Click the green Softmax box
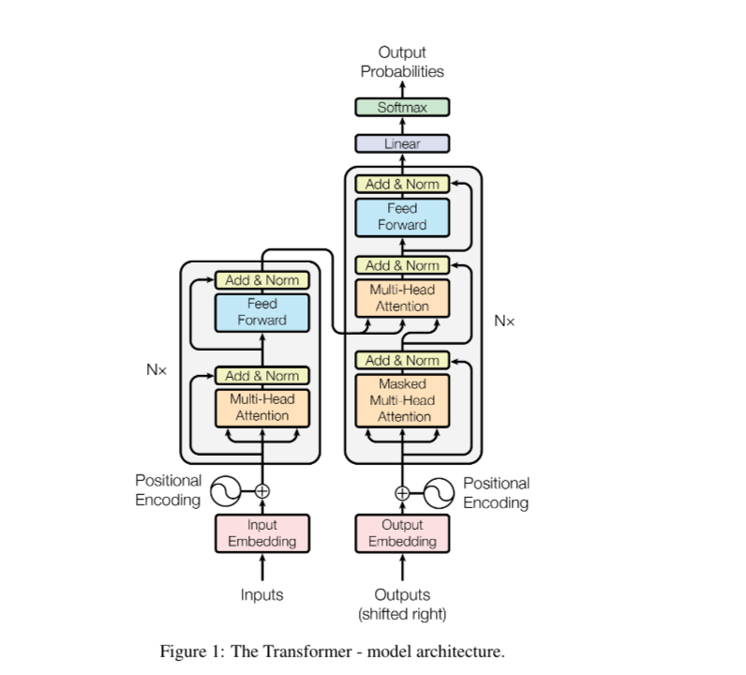402,107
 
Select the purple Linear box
402,143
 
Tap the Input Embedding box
262,533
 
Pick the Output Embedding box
402,533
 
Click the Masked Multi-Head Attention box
402,400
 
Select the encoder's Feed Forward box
262,312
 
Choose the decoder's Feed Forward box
402,217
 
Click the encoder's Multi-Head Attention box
262,408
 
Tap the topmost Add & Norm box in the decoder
402,184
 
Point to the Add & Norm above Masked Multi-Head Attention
402,360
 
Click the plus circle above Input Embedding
262,490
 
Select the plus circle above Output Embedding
402,493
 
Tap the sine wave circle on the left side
226,490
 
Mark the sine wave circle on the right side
439,493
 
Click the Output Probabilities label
402,62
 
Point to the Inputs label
261,595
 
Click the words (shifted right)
402,614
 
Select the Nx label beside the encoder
157,369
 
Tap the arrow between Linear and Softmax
402,126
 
